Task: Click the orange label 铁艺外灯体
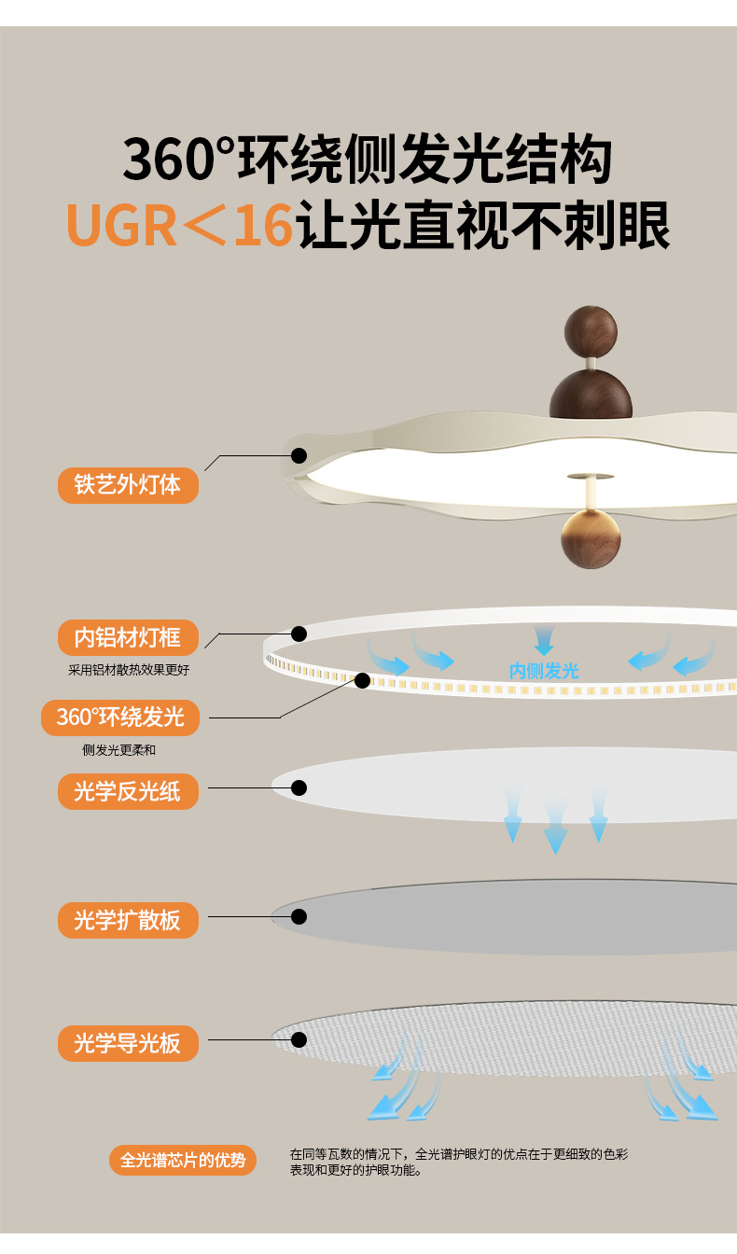coord(128,485)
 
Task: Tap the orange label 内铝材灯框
coord(128,638)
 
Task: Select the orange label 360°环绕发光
coord(120,718)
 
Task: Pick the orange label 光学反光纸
coord(128,792)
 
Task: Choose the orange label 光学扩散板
coord(128,921)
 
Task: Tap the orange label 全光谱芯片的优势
coord(183,1160)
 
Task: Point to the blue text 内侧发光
coord(544,671)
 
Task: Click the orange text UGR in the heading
coord(121,225)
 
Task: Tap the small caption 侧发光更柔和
coord(125,749)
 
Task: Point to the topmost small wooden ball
coord(591,332)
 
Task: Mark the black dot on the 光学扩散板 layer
coord(299,917)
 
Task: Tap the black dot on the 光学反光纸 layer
coord(299,788)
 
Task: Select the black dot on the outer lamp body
coord(299,456)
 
